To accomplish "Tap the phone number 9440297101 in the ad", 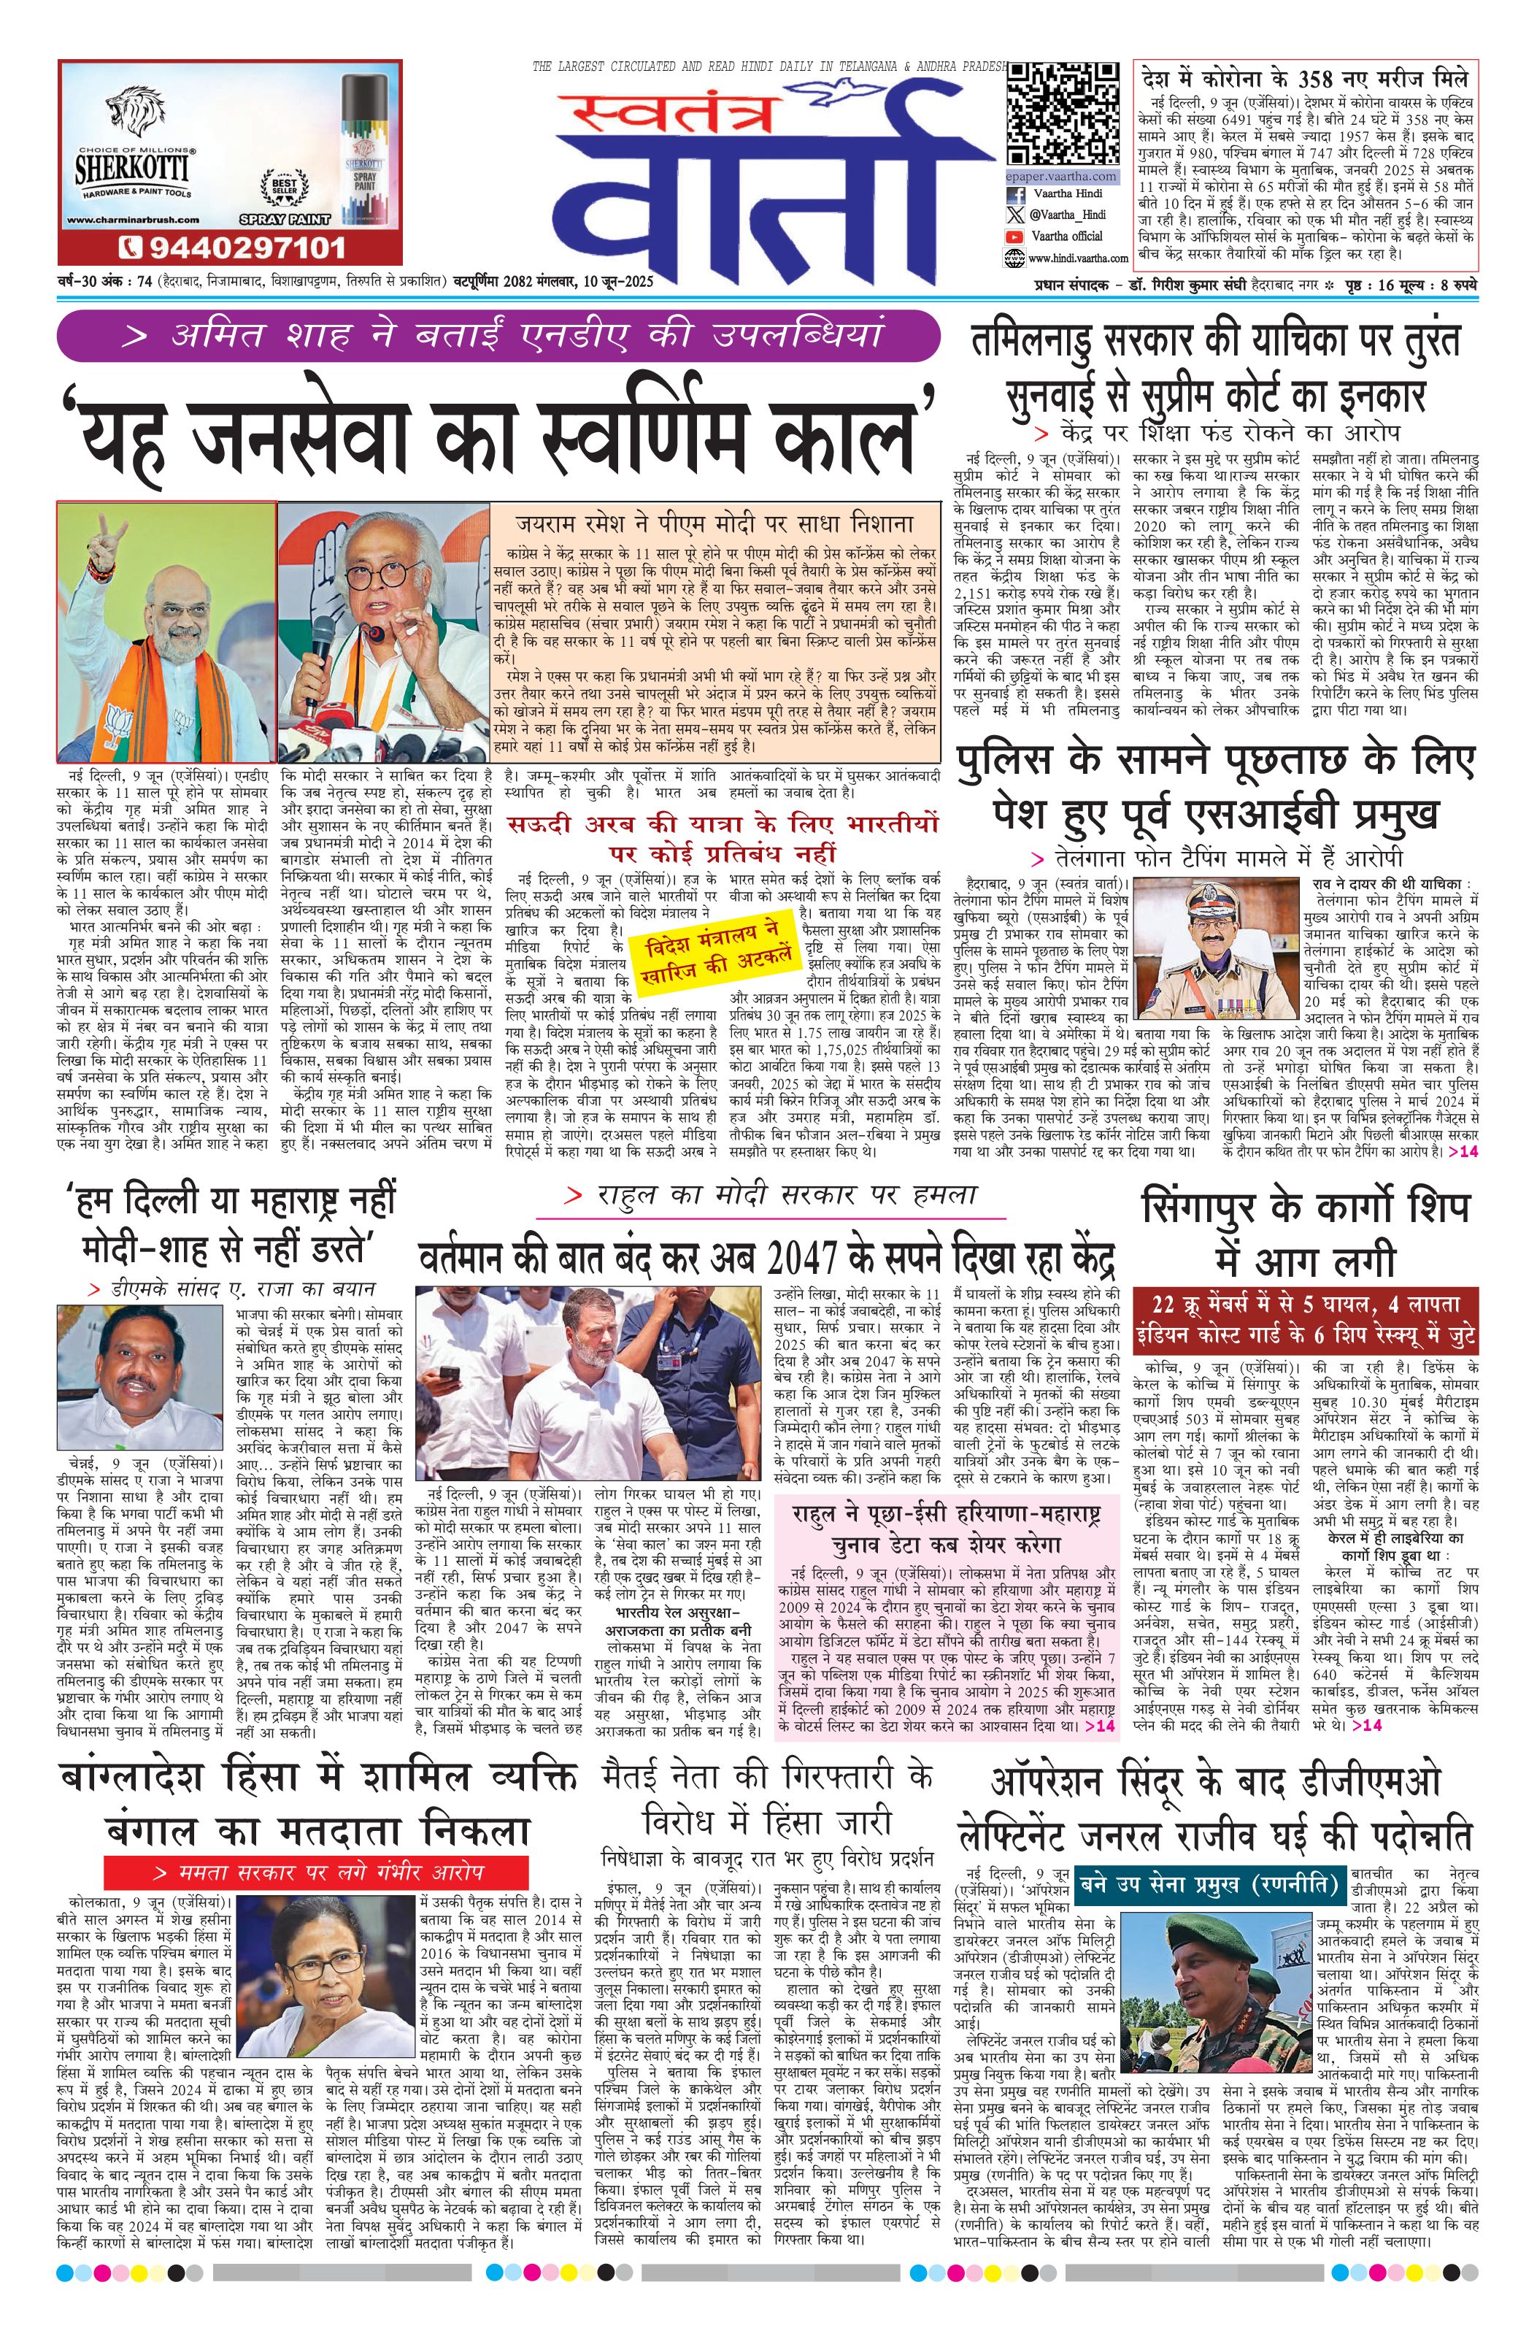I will coord(230,246).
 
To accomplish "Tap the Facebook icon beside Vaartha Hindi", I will coord(1015,196).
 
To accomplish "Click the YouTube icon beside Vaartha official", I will coord(1015,237).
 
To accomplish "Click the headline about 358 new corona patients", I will coord(1305,79).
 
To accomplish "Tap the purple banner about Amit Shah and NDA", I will coord(498,336).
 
